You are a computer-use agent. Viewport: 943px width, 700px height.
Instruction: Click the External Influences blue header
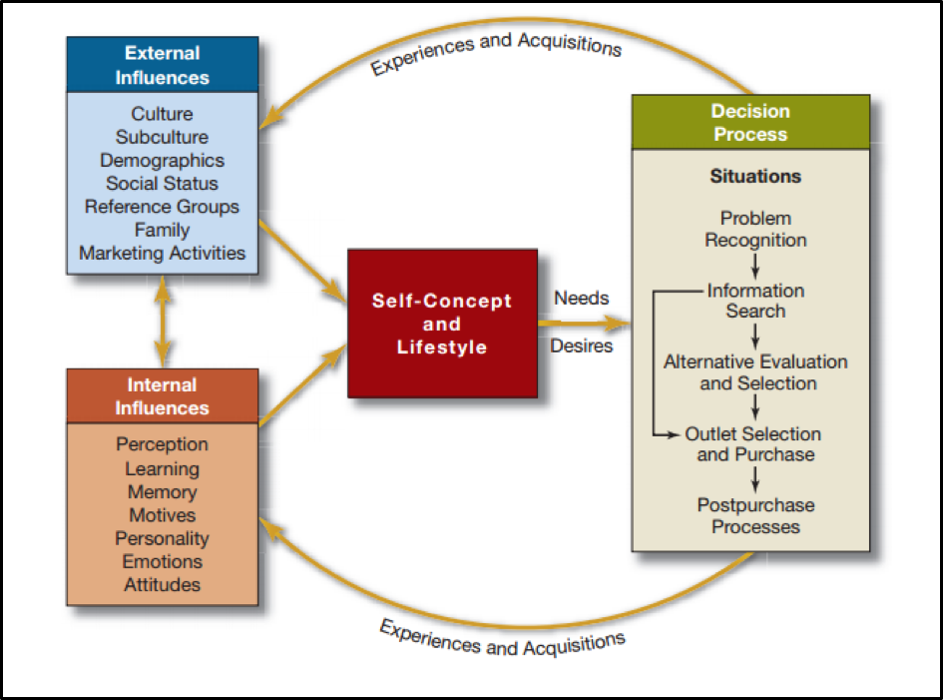coord(162,65)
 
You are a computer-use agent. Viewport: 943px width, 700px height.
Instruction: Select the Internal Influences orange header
coord(162,396)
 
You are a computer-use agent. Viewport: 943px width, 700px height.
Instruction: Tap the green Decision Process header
coord(749,123)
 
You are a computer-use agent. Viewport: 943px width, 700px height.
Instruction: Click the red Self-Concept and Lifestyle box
coord(441,324)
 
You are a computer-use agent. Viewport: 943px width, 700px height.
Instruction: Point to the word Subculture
coord(162,137)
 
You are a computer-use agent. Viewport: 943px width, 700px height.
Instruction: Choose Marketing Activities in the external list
coord(162,253)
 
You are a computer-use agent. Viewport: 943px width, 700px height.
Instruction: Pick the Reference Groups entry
coord(162,207)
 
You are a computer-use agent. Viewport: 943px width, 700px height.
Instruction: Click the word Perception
coord(162,444)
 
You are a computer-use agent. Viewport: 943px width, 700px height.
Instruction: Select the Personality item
coord(162,538)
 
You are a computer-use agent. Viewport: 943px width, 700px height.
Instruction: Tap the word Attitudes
coord(162,585)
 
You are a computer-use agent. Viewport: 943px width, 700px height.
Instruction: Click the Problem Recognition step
coord(755,229)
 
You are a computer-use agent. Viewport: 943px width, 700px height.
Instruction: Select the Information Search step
coord(755,301)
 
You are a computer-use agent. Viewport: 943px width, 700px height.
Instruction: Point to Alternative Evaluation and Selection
coord(755,372)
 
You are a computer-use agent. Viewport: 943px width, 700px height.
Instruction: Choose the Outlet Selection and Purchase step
coord(754,444)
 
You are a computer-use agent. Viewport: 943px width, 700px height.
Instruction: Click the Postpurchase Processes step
coord(755,515)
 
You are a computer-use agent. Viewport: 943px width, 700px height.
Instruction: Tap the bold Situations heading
coord(755,177)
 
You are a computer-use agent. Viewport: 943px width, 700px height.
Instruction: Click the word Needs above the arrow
coord(581,298)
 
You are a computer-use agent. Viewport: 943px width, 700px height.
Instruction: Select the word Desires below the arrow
coord(582,347)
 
